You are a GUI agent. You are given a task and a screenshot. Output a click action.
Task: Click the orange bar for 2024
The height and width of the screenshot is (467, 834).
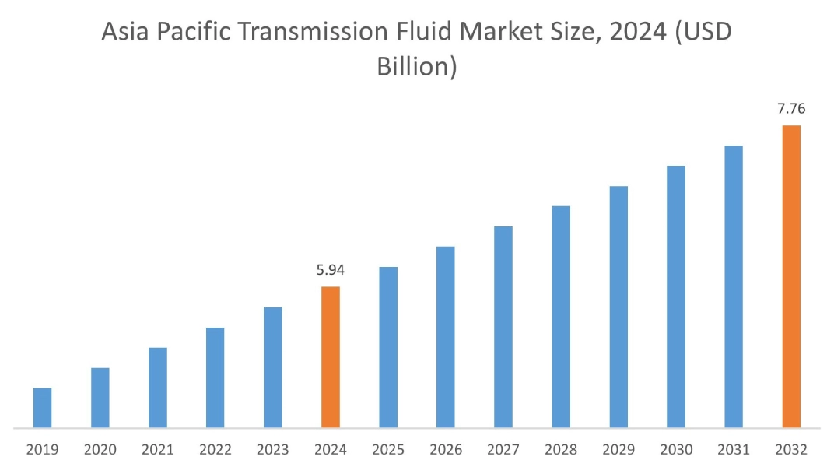pyautogui.click(x=331, y=357)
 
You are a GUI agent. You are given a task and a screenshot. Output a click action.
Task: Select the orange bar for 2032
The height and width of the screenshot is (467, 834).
pyautogui.click(x=791, y=276)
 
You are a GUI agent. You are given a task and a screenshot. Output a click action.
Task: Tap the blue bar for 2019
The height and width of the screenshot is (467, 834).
pyautogui.click(x=43, y=408)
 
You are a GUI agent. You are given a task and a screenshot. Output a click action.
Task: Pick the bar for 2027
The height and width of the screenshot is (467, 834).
pyautogui.click(x=503, y=327)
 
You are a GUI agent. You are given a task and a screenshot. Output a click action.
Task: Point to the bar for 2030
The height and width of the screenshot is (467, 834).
pyautogui.click(x=676, y=297)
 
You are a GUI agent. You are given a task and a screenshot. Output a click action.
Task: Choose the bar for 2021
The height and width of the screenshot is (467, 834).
pyautogui.click(x=158, y=388)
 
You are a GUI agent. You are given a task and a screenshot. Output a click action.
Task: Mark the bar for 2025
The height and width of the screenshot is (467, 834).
pyautogui.click(x=388, y=347)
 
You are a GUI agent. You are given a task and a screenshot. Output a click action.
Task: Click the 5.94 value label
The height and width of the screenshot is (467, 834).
pyautogui.click(x=331, y=271)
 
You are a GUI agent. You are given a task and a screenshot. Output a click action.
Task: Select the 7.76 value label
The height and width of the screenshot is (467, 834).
pyautogui.click(x=791, y=109)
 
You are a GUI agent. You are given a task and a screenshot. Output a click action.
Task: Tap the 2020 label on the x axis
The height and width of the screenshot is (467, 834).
pyautogui.click(x=100, y=450)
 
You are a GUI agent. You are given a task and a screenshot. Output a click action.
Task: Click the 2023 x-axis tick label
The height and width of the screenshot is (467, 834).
pyautogui.click(x=273, y=450)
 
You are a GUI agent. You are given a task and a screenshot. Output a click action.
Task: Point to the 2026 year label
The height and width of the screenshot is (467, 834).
pyautogui.click(x=446, y=450)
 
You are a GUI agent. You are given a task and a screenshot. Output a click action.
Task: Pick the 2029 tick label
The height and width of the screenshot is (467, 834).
pyautogui.click(x=618, y=450)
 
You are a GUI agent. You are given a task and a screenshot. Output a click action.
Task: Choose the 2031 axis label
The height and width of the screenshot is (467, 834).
pyautogui.click(x=734, y=450)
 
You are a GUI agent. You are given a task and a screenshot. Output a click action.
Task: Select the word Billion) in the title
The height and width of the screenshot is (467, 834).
pyautogui.click(x=416, y=66)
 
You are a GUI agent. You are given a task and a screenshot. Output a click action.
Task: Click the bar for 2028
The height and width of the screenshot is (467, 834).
pyautogui.click(x=561, y=317)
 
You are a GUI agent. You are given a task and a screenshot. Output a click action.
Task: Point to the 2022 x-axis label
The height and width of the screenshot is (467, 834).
pyautogui.click(x=216, y=450)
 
